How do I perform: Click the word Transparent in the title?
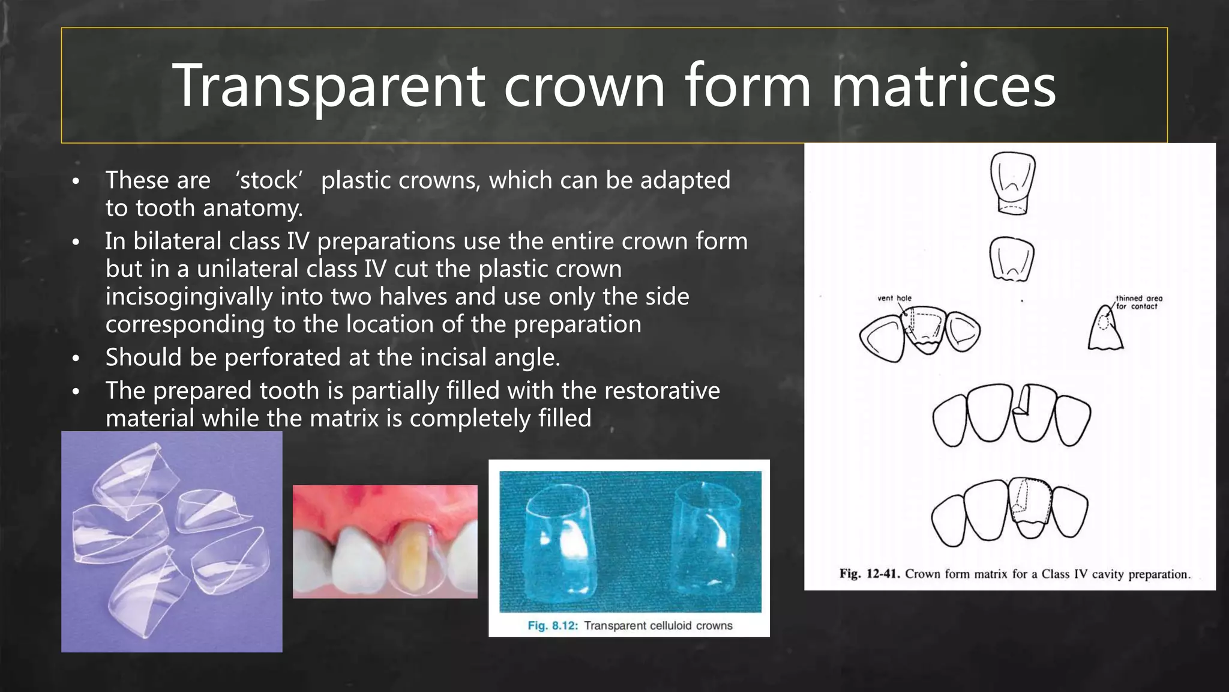(328, 87)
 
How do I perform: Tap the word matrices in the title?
(943, 87)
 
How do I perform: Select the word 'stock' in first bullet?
(268, 180)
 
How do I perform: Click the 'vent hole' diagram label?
(894, 298)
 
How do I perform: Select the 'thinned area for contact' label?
(1138, 302)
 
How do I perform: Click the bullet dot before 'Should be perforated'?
(76, 359)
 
